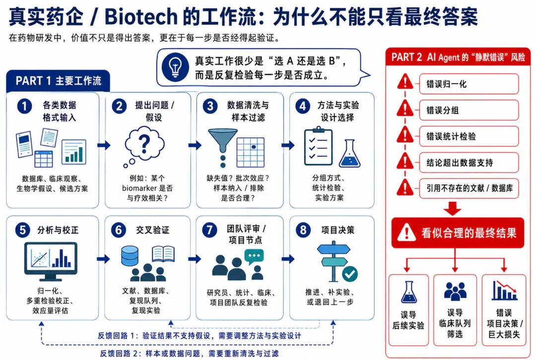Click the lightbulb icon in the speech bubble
175,66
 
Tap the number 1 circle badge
24,106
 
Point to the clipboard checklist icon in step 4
318,146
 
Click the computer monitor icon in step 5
51,262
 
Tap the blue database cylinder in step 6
130,256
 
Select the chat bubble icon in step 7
254,256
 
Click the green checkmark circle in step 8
350,274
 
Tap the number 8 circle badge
303,230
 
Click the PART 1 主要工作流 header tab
58,81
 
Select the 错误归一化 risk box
469,84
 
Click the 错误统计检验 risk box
469,136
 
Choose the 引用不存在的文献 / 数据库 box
469,188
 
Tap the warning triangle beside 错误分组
405,109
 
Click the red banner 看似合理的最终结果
458,233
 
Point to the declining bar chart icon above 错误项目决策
504,291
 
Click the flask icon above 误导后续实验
409,292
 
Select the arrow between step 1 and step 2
104,145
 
